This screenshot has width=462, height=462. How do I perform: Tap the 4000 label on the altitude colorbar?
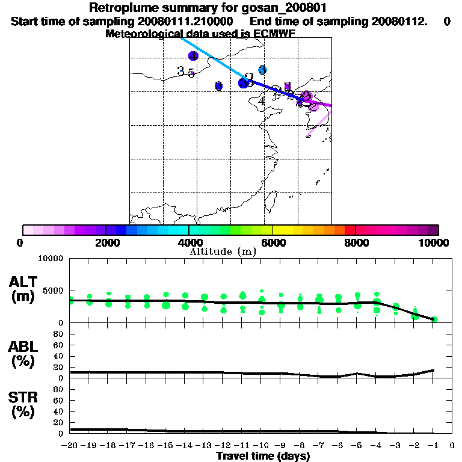(x=189, y=242)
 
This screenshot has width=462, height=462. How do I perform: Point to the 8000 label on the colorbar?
(x=356, y=242)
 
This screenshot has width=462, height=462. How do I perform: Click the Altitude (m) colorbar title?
(x=223, y=251)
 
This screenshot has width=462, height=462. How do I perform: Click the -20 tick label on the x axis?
(x=70, y=446)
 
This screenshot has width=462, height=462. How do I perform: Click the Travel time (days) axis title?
(x=263, y=457)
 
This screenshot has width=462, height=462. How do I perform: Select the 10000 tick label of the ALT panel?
(x=51, y=259)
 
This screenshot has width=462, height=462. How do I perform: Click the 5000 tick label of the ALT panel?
(x=53, y=291)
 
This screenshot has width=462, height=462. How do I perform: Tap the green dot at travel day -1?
(x=434, y=319)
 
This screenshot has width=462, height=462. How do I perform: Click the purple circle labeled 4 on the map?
(x=193, y=56)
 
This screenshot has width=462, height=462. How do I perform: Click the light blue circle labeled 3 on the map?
(x=262, y=70)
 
